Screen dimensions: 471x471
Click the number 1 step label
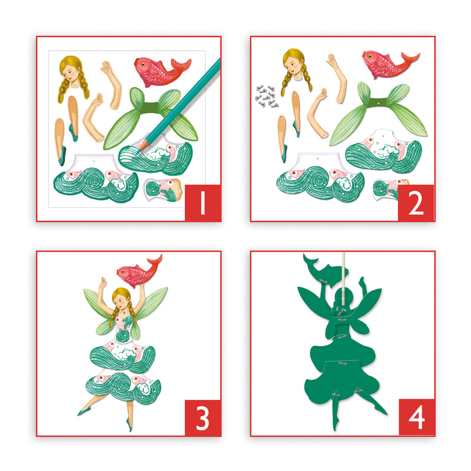pyautogui.click(x=203, y=203)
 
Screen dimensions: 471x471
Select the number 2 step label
pyautogui.click(x=416, y=203)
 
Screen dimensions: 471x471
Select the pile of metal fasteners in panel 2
pyautogui.click(x=266, y=96)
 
